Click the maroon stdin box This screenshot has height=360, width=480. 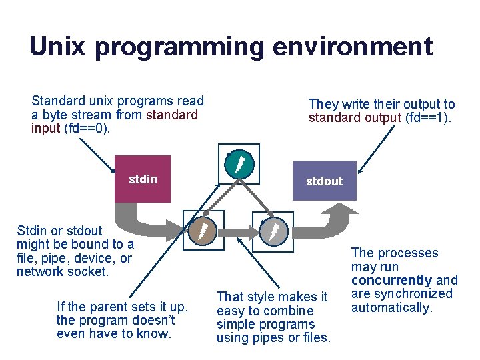pos(143,179)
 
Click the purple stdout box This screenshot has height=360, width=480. pos(324,181)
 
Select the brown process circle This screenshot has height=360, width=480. pos(204,231)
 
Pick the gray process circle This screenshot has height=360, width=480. pos(273,231)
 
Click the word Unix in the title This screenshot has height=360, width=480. pos(57,47)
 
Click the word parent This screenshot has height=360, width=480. pos(110,307)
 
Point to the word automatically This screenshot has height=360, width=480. pos(392,308)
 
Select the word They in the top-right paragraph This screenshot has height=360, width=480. pos(323,105)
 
